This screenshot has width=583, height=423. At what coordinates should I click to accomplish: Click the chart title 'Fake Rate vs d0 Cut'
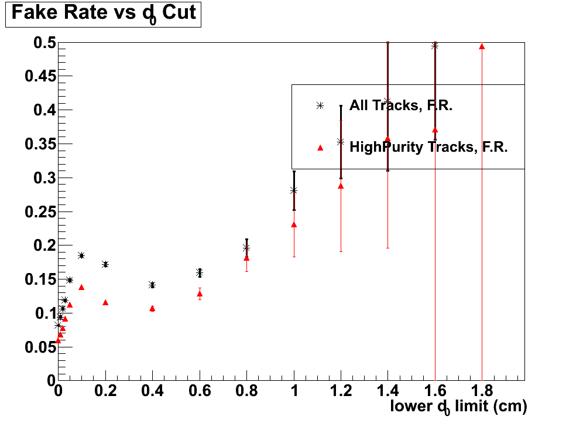click(x=104, y=13)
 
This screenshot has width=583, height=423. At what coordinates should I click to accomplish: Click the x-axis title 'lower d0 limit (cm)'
click(x=458, y=407)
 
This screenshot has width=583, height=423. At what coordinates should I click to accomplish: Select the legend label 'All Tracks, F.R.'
click(x=402, y=106)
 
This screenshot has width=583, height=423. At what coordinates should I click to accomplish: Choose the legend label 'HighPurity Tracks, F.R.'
click(x=428, y=147)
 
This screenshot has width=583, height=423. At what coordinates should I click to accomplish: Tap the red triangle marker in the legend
click(x=320, y=148)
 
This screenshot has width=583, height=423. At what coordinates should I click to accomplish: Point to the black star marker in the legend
click(x=320, y=106)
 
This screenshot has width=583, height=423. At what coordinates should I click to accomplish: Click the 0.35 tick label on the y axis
click(x=40, y=144)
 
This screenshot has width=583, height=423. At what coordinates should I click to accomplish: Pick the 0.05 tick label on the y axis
click(x=40, y=347)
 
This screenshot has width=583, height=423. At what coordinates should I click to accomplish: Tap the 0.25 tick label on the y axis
click(x=40, y=212)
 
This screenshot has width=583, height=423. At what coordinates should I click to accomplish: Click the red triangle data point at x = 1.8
click(x=482, y=46)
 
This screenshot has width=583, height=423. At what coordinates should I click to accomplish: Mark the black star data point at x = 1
click(x=294, y=190)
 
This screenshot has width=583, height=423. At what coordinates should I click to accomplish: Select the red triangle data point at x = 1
click(x=294, y=224)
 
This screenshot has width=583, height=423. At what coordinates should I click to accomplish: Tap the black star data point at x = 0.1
click(x=81, y=255)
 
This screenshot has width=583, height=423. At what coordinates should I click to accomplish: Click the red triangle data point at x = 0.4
click(x=152, y=308)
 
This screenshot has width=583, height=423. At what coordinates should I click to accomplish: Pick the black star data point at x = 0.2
click(x=105, y=264)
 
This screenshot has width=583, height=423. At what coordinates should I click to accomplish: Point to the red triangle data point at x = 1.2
click(x=341, y=186)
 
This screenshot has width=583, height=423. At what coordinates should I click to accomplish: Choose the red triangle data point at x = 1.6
click(x=435, y=129)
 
